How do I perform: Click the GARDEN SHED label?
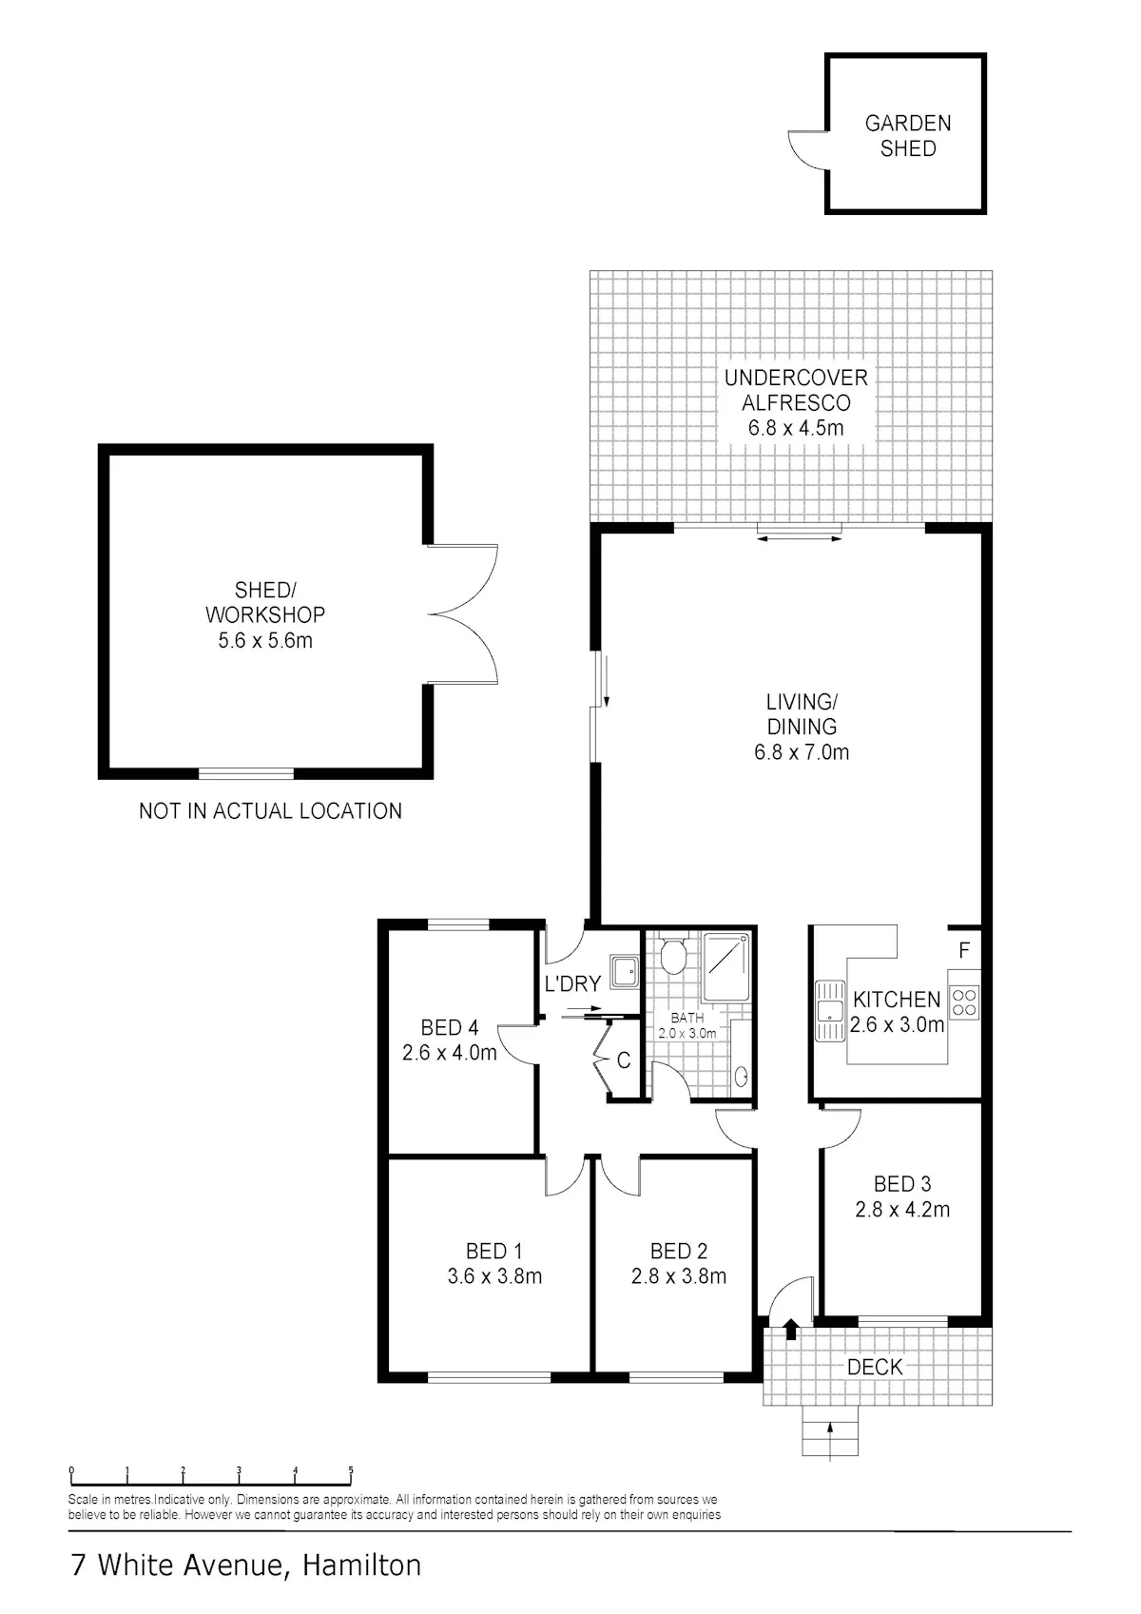908,135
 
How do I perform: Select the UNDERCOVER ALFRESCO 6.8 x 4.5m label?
796,402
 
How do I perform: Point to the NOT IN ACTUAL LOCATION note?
270,810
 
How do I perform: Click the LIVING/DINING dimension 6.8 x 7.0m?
801,752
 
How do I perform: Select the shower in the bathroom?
726,966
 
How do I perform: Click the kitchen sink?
830,1011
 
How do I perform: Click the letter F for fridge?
964,950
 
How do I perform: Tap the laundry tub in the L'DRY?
624,970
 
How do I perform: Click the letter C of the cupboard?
624,1060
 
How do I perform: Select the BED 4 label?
450,1027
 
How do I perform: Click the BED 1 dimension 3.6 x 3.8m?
494,1276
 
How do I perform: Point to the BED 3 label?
901,1184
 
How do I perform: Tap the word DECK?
875,1367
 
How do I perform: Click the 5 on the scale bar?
351,1470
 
